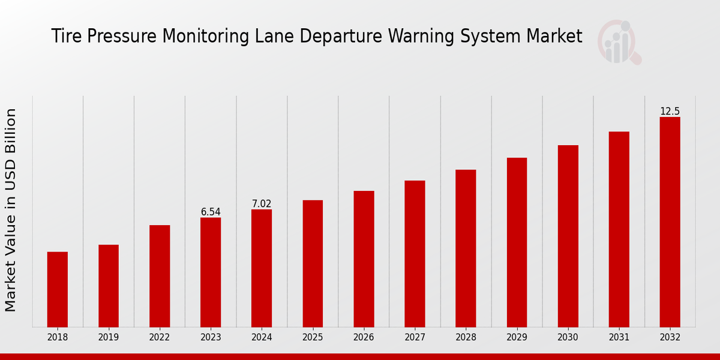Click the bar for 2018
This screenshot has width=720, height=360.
58,289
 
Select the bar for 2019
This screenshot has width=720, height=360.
109,286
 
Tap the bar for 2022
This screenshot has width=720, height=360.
160,276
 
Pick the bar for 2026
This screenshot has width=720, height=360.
364,259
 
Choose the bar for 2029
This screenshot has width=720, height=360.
517,242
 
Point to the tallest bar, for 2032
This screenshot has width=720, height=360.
670,222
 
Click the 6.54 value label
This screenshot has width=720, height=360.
211,212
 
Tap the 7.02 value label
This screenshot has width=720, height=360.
262,204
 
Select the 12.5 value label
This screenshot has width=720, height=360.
670,112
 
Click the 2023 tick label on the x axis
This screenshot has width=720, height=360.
211,338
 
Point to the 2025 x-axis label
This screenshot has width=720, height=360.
313,338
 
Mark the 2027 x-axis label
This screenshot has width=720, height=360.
415,338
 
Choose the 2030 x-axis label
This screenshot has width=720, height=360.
568,338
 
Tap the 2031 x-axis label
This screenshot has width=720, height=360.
619,338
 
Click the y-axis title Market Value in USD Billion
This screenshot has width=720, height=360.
11,210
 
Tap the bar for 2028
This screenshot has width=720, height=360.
466,248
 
